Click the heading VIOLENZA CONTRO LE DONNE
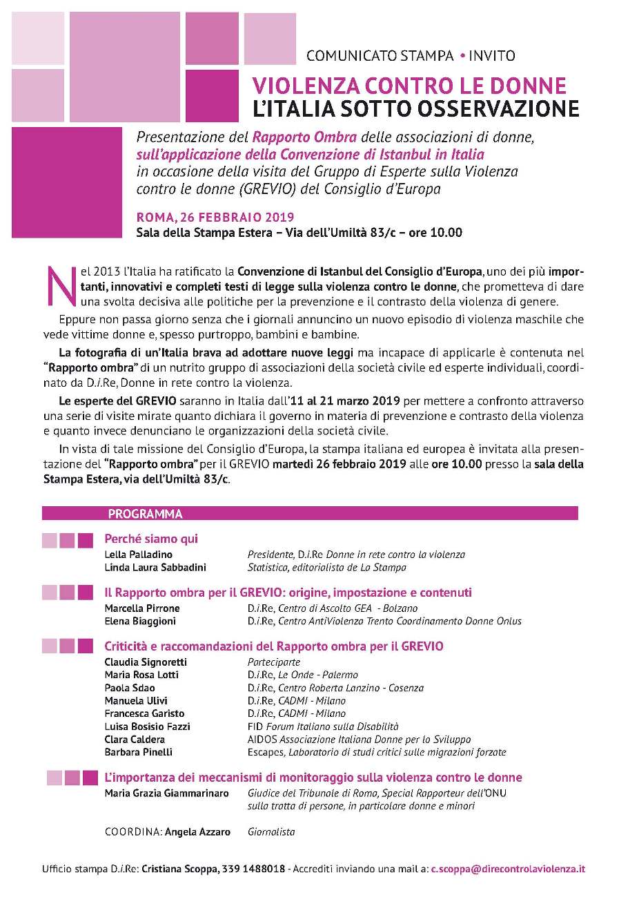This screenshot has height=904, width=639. pos(409,86)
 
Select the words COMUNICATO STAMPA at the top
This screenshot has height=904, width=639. pos(380,56)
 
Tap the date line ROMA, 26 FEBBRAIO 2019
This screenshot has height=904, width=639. pos(215,218)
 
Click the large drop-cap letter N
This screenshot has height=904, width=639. pos(59,285)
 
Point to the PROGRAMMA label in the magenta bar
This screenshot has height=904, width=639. pos(145,514)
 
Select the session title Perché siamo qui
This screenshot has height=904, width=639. pos(151,539)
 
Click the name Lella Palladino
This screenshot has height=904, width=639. pos(138,555)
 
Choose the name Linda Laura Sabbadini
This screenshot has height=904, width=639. pos(155,568)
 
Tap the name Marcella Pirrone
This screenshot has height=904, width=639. pos(142,608)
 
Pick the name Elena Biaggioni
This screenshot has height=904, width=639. pos(140,622)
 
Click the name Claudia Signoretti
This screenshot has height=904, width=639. pos(146,662)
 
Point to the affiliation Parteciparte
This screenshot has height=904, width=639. pos(274,662)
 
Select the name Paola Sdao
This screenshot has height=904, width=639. pos(130,688)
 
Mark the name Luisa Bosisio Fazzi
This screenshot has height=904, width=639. pos(147,727)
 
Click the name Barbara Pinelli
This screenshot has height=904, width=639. pos(138,752)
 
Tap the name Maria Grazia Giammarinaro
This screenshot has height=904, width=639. pos(166,794)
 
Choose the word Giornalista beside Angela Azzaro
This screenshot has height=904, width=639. pos(271,832)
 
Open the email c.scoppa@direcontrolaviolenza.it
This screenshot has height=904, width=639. pos(508,869)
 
